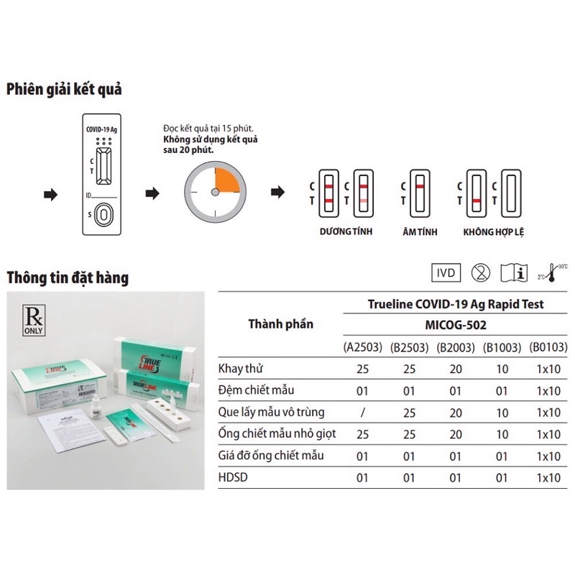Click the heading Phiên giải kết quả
coord(64,90)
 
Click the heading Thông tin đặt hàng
coord(68,277)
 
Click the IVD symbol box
coord(446,274)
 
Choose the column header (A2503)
coord(363,348)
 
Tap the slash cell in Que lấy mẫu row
coord(363,413)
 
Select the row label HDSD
coord(233,477)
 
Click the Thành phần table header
coord(281,323)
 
